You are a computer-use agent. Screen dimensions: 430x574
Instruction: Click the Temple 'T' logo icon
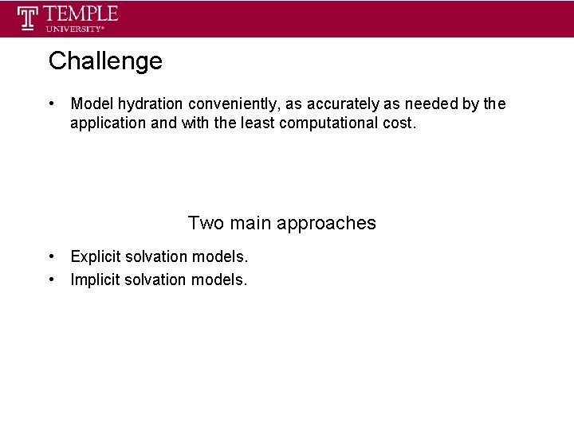(x=29, y=18)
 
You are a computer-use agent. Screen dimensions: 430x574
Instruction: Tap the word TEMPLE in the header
(x=81, y=14)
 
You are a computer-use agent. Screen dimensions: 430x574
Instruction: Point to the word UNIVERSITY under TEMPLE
(x=74, y=29)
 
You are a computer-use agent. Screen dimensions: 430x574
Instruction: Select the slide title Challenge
(x=104, y=61)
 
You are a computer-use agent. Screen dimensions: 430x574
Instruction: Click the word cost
(x=398, y=123)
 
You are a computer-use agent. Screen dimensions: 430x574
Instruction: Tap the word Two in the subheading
(x=206, y=223)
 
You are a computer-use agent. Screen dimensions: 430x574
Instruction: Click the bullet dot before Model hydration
(x=51, y=104)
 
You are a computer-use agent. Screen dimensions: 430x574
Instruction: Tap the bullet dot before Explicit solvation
(x=51, y=256)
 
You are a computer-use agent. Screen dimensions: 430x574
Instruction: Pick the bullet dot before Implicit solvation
(x=51, y=279)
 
